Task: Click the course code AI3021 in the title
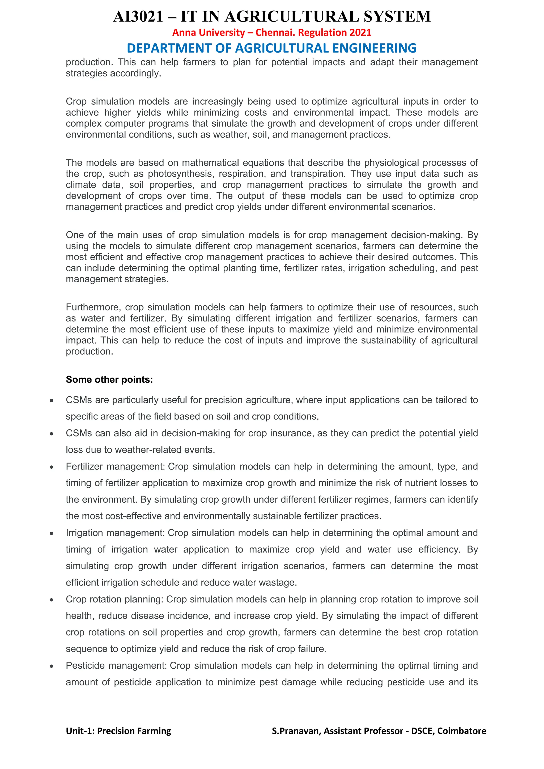[138, 17]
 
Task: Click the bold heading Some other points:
[109, 379]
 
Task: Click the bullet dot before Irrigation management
[52, 533]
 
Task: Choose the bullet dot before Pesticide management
[52, 666]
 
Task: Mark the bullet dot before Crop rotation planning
[52, 600]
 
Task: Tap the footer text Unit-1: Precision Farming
[118, 731]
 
